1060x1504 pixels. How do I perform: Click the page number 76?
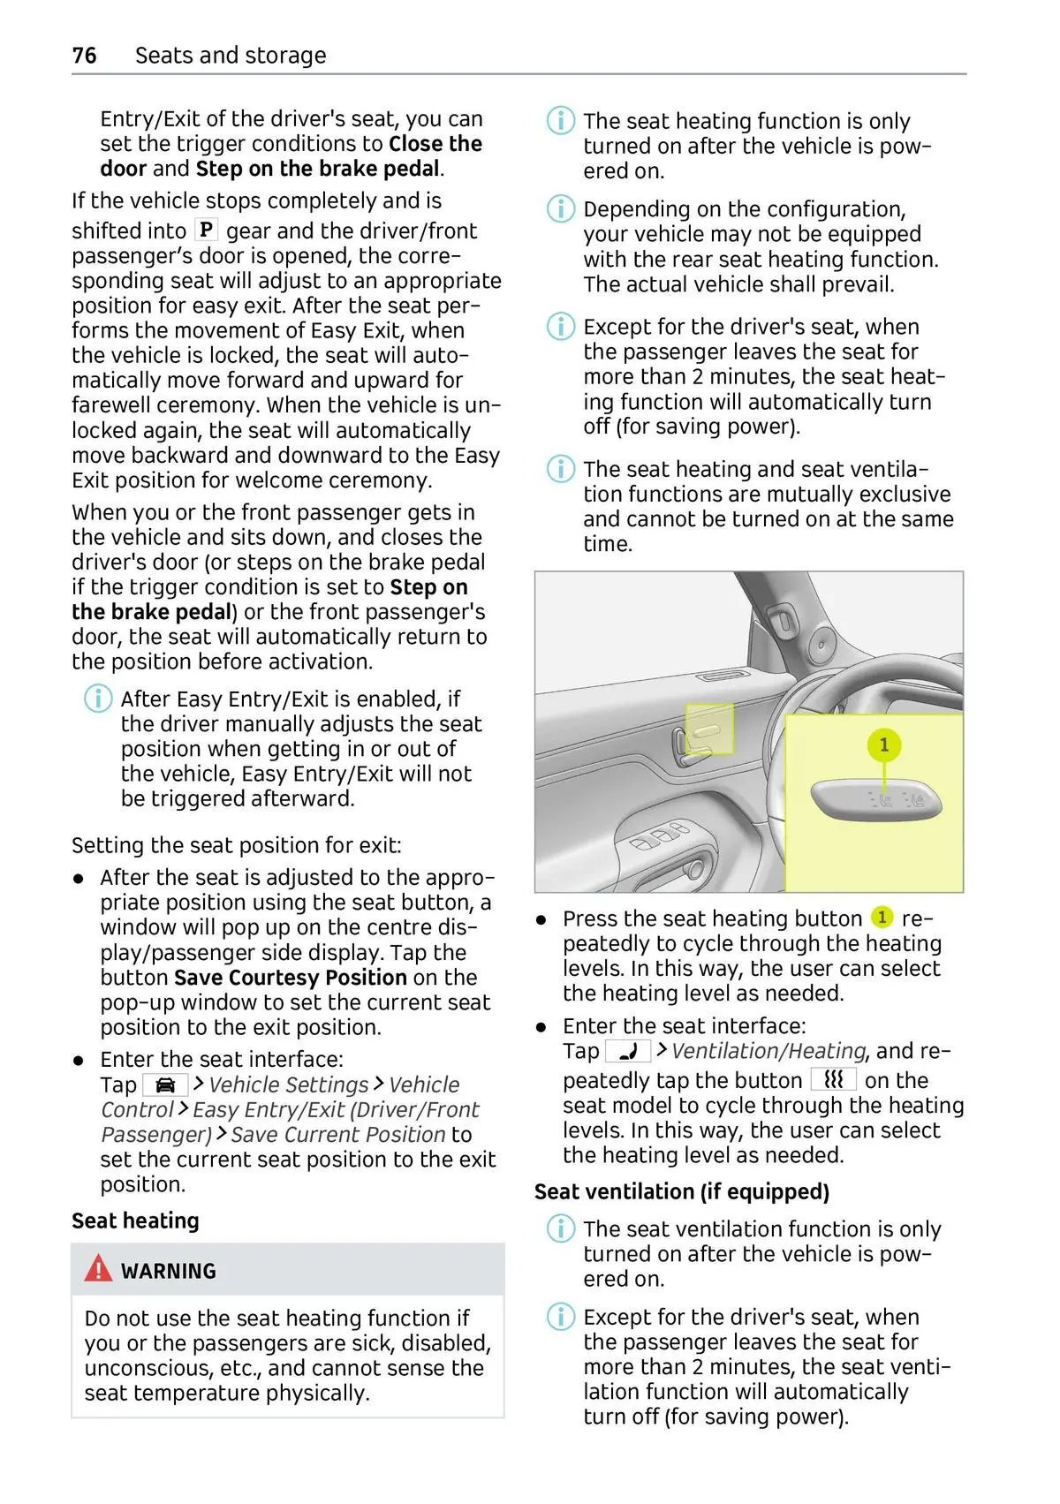coord(85,55)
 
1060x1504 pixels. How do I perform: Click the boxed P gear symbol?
coord(206,230)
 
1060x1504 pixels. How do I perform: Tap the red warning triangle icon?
coord(98,1267)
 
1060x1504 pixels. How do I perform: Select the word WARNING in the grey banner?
coord(169,1270)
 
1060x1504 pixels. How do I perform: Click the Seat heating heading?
coord(136,1220)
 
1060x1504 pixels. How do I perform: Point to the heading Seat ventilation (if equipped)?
coord(682,1191)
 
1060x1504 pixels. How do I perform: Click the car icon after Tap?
coord(165,1085)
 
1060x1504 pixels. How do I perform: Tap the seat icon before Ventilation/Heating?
coord(628,1051)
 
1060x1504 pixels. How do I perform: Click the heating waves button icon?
coord(834,1080)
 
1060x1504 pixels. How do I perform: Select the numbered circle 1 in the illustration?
coord(883,744)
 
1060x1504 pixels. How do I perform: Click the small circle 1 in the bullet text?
coord(882,917)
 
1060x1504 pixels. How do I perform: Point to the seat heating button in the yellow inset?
coord(876,799)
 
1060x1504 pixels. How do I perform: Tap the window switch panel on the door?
coord(662,835)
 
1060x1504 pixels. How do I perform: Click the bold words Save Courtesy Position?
coord(291,977)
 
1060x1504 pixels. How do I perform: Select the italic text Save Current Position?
coord(338,1134)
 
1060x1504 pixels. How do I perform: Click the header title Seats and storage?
coord(231,55)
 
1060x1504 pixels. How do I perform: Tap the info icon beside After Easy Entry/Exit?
coord(98,699)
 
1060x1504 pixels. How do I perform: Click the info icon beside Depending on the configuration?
coord(561,208)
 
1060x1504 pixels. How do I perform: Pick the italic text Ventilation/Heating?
coord(768,1051)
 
